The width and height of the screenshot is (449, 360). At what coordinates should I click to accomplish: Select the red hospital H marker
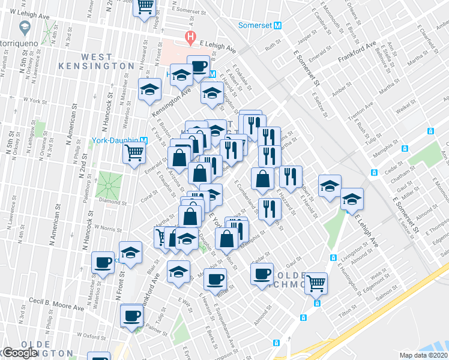(x=190, y=38)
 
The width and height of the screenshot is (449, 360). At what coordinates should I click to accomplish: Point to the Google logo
(x=19, y=353)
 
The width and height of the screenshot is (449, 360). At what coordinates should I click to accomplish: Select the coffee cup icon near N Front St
(x=103, y=262)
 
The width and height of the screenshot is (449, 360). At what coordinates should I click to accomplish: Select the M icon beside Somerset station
(x=277, y=26)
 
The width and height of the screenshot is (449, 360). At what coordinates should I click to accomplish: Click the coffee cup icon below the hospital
(x=197, y=65)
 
